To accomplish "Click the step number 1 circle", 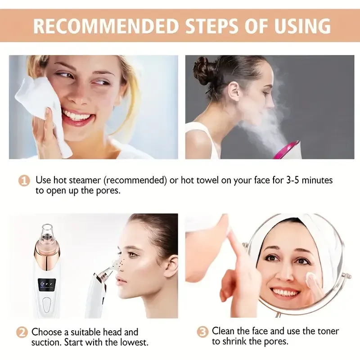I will (24, 181).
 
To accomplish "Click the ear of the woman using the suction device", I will (170, 265).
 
